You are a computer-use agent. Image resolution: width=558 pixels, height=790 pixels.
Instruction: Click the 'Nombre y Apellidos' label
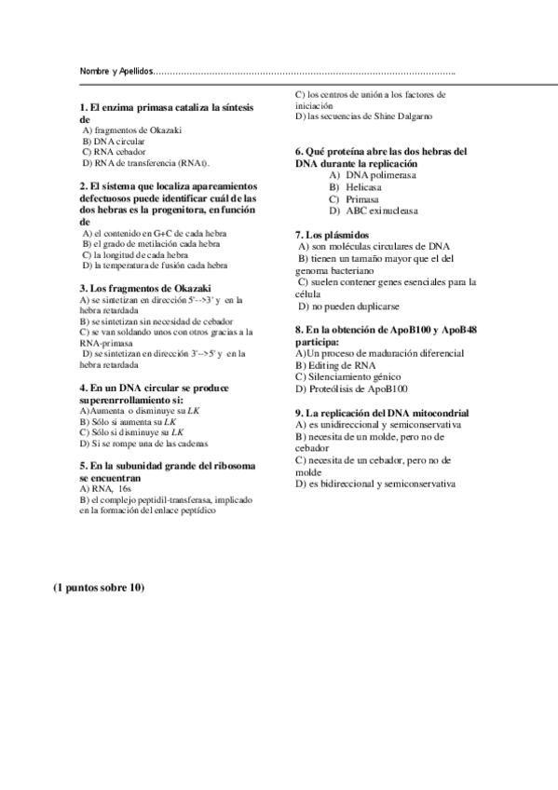pyautogui.click(x=115, y=72)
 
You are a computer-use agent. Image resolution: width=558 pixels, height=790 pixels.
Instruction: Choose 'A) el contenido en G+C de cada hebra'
pyautogui.click(x=150, y=233)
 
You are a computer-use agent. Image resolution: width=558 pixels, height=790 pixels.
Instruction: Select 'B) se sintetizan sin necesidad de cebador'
pyautogui.click(x=157, y=320)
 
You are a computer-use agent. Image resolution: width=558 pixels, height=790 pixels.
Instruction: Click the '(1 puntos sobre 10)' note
pyautogui.click(x=99, y=588)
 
